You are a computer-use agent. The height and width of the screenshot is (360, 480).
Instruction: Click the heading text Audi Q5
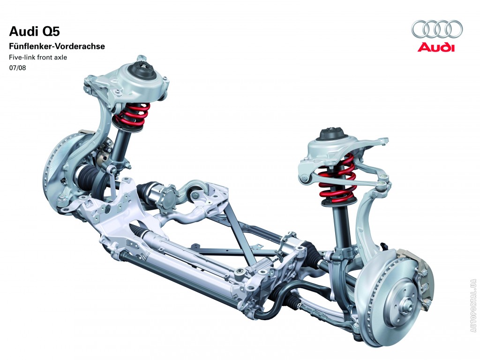[x=35, y=31]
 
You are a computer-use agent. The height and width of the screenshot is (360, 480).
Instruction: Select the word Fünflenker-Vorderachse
[x=57, y=46]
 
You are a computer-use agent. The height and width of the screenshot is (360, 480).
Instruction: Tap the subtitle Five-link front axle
[x=38, y=57]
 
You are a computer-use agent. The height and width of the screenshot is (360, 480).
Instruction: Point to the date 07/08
[x=17, y=68]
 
